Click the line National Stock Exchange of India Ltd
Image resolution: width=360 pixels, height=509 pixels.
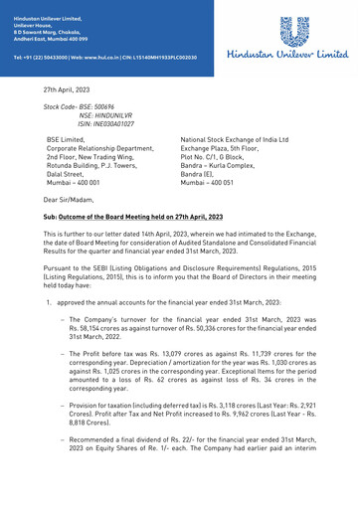[234, 140]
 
